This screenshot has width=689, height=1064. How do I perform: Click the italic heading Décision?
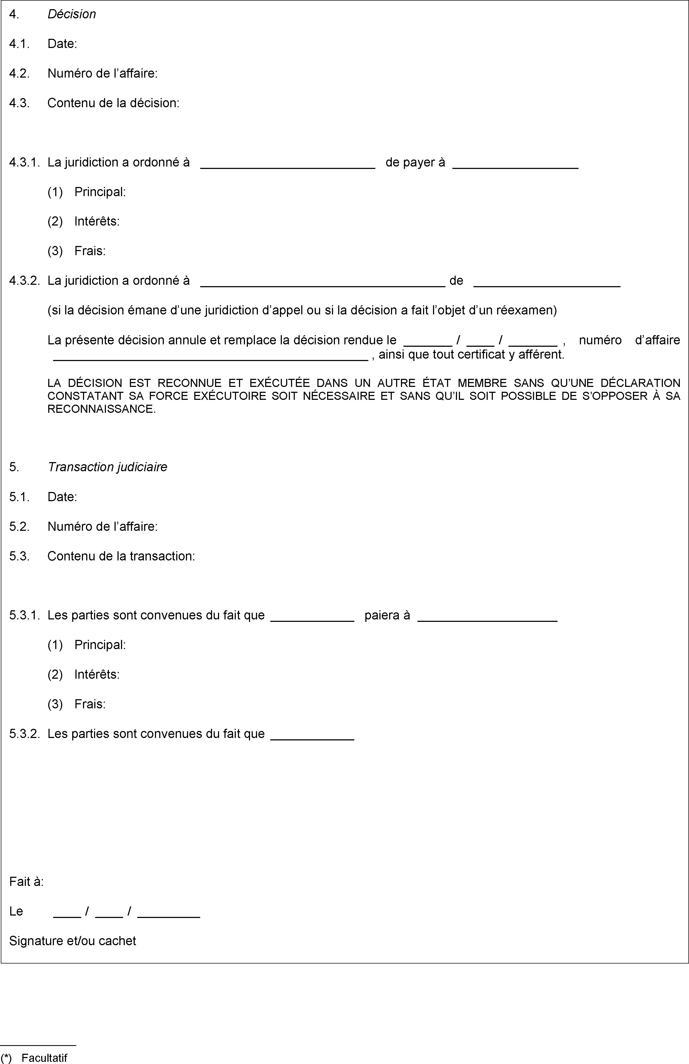71,14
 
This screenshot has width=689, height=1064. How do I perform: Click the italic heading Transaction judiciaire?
107,467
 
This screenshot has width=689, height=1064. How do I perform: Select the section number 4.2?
19,73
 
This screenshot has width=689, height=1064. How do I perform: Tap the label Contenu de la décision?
113,103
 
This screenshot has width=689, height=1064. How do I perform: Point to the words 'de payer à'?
415,162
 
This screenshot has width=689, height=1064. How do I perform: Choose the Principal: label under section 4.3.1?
100,192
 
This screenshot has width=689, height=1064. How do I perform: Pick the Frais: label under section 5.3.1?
90,704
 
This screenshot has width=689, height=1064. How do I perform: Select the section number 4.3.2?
25,281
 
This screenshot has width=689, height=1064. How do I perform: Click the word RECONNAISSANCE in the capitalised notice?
102,409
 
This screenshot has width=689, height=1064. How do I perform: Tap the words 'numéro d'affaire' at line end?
629,340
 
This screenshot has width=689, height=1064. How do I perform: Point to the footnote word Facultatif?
44,1058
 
